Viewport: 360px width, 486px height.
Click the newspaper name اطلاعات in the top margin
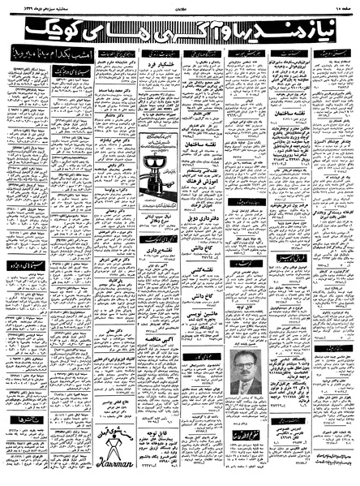click(x=180, y=6)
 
